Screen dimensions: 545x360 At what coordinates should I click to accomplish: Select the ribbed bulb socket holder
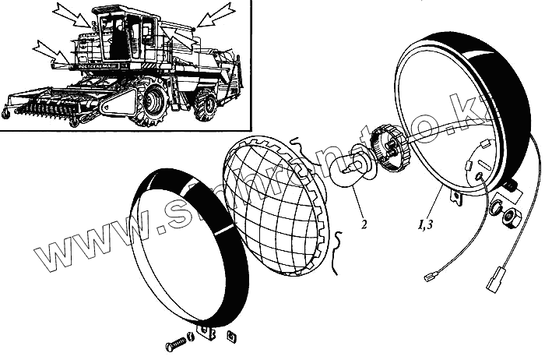pyautogui.click(x=389, y=146)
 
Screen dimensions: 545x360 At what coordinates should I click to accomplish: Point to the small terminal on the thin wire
pyautogui.click(x=431, y=276)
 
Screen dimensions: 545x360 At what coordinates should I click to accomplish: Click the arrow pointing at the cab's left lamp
pyautogui.click(x=76, y=16)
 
